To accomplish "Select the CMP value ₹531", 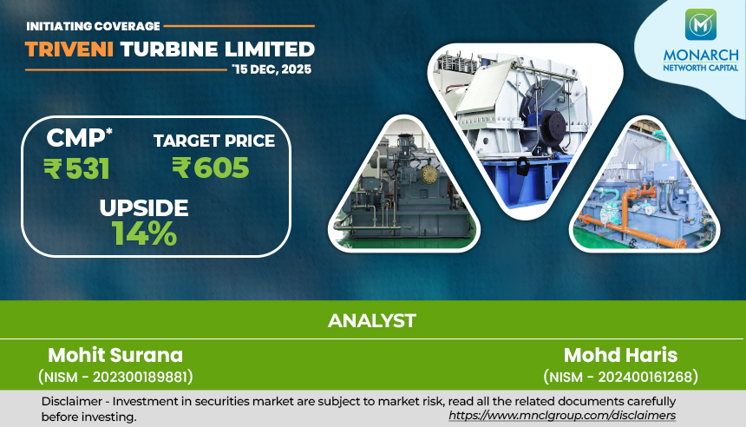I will (x=76, y=168).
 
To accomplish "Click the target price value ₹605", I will (x=210, y=168).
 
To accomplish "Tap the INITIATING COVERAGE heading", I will (x=93, y=27).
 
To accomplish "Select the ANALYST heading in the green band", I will (x=372, y=320).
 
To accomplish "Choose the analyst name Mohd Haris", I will (x=620, y=355).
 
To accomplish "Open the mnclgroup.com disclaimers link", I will (x=562, y=416).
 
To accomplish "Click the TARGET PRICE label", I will (x=213, y=140).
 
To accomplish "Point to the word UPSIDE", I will (x=143, y=208).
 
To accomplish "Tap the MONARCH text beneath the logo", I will (x=699, y=55).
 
